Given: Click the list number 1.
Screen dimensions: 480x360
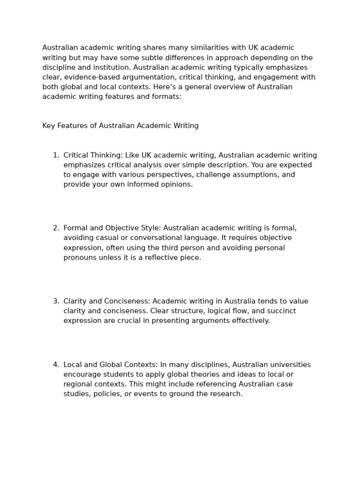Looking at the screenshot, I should (55, 155).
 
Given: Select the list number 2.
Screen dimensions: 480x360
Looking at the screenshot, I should (55, 228).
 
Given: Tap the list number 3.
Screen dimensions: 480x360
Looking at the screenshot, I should (55, 301).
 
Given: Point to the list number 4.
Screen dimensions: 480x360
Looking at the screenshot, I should (55, 365).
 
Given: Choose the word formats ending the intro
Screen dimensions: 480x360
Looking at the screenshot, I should (166, 97).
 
